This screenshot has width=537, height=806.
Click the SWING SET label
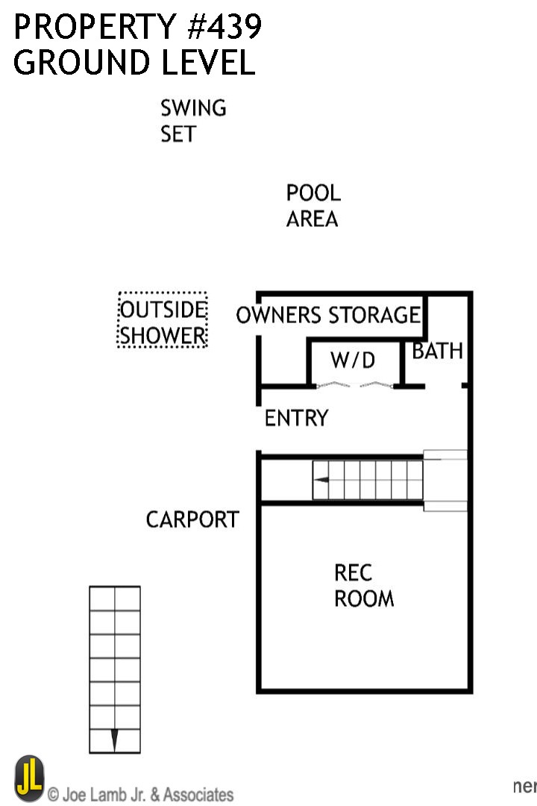click(x=192, y=121)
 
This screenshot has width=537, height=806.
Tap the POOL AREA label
click(x=313, y=206)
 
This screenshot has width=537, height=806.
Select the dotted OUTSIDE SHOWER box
click(x=163, y=320)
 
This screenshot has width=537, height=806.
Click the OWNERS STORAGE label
click(x=328, y=315)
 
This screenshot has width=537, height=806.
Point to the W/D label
click(x=353, y=361)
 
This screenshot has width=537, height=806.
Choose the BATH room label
click(x=438, y=351)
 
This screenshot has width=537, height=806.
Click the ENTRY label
click(x=296, y=418)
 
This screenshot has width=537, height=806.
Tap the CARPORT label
click(x=192, y=519)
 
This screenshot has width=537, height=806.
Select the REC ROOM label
click(x=363, y=586)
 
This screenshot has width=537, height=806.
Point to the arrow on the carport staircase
click(x=114, y=740)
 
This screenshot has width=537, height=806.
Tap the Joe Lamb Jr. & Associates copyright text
click(x=141, y=794)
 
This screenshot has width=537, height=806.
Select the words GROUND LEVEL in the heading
click(x=134, y=63)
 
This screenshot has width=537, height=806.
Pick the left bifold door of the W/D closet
click(x=332, y=385)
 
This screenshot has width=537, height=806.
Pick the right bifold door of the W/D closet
click(x=377, y=385)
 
